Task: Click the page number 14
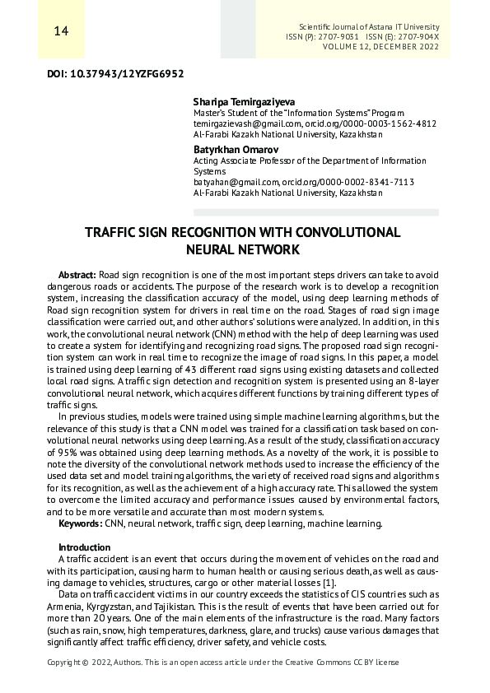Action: click(60, 31)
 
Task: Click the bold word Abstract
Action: click(77, 274)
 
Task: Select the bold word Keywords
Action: click(81, 523)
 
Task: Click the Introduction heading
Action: click(84, 547)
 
